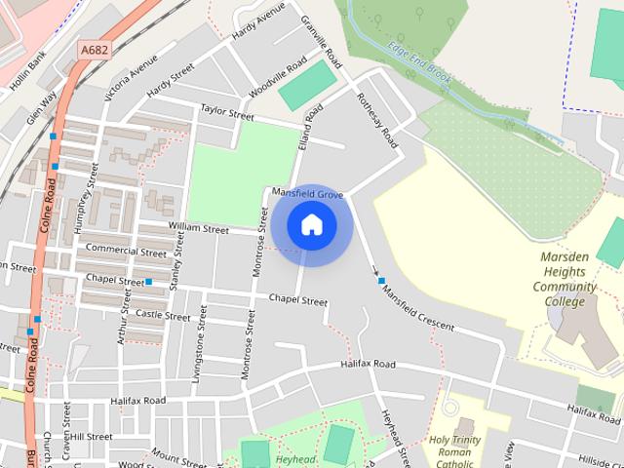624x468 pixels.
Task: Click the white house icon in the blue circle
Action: (x=311, y=225)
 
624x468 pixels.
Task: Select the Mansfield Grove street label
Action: (x=307, y=194)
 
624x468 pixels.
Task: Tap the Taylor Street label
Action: (x=226, y=111)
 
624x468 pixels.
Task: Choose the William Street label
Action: (x=197, y=228)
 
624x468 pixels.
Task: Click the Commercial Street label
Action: (x=126, y=251)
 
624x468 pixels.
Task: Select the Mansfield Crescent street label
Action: (x=417, y=306)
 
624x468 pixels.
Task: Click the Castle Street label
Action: (x=163, y=315)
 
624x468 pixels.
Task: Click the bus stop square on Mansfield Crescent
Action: (x=382, y=281)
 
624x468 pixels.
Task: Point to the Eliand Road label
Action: (x=312, y=127)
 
